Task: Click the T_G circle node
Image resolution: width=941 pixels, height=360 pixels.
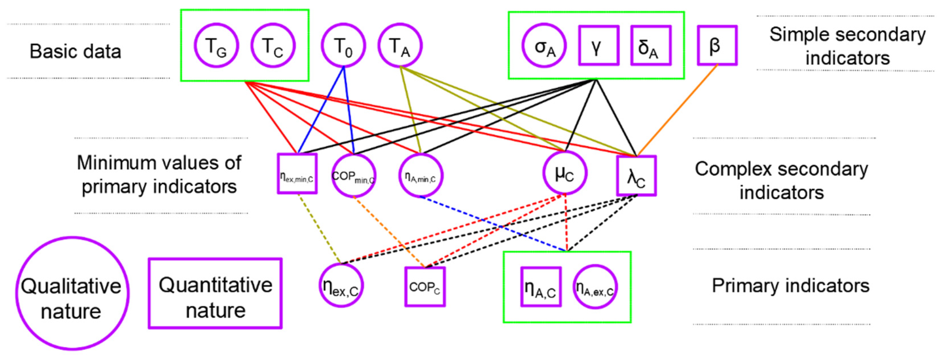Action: (216, 46)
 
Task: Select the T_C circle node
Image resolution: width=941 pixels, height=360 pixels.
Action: (273, 46)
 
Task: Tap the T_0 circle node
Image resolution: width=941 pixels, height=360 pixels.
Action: (343, 46)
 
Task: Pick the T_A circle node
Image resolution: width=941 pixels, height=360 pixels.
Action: (400, 46)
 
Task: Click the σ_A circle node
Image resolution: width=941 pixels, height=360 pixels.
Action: (544, 46)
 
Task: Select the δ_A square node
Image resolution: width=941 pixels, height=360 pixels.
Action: (651, 46)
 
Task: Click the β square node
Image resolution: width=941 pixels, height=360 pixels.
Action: (717, 46)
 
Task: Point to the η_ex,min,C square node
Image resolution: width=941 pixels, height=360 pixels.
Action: (297, 174)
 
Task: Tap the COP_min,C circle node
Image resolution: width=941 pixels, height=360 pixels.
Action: (353, 175)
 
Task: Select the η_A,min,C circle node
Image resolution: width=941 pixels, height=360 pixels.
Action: (421, 175)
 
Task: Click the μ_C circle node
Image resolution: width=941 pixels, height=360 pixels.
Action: (565, 173)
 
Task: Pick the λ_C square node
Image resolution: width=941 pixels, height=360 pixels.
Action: (636, 176)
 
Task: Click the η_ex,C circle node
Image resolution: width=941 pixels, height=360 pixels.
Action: (341, 285)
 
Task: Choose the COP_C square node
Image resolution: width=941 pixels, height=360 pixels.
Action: (425, 287)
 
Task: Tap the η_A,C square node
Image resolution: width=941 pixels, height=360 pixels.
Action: (541, 287)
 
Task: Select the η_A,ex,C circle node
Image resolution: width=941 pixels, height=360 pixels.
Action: (595, 287)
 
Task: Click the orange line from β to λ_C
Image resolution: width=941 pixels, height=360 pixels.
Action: (678, 110)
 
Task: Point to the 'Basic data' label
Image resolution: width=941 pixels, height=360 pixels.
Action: (75, 51)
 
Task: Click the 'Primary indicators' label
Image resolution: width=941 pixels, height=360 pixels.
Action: (790, 285)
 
